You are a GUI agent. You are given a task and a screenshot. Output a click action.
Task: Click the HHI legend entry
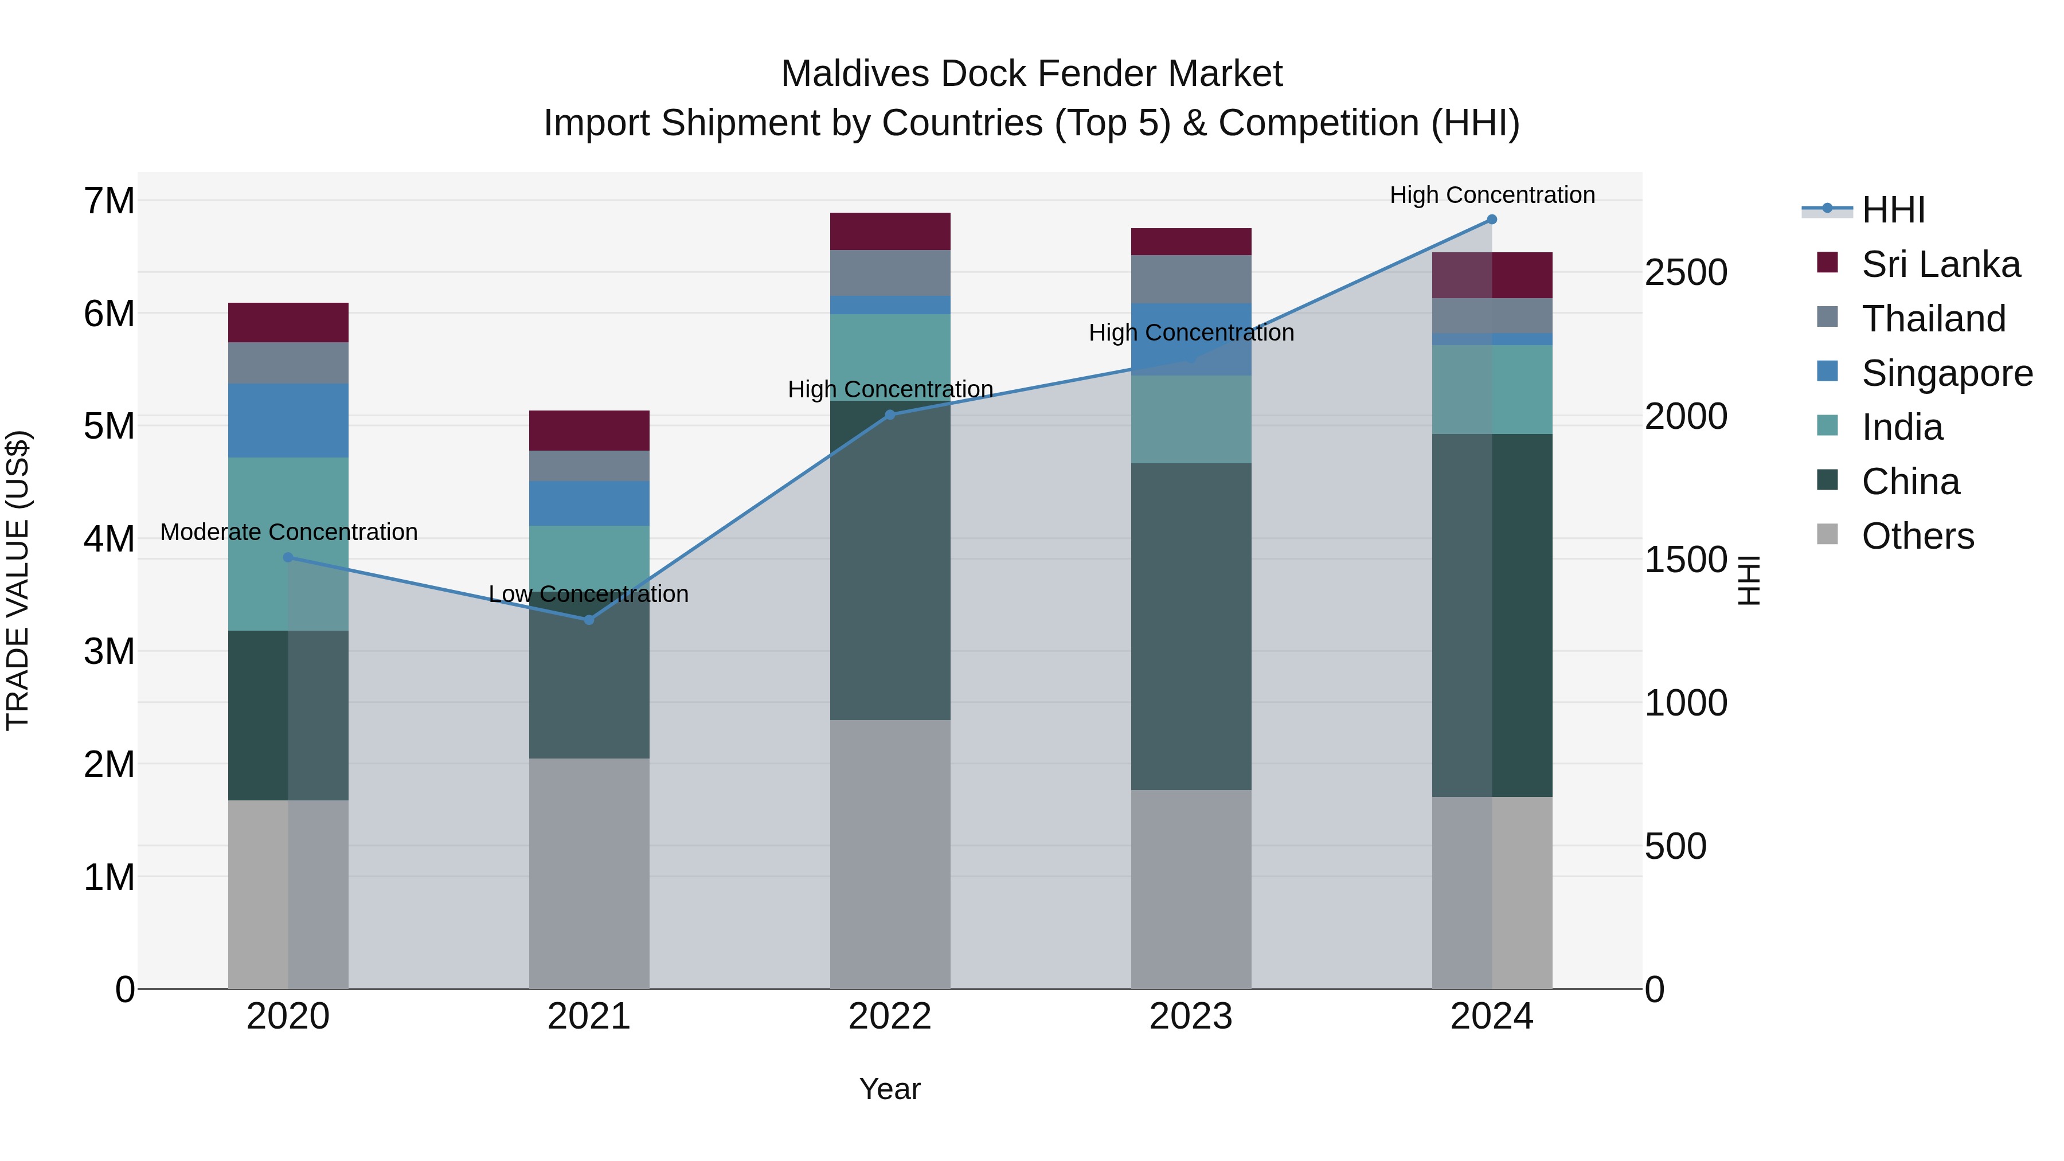point(1893,210)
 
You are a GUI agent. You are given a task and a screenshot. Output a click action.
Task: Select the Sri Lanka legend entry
point(1940,264)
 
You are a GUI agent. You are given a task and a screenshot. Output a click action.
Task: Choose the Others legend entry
point(1917,536)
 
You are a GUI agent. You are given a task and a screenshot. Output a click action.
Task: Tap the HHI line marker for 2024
point(1492,220)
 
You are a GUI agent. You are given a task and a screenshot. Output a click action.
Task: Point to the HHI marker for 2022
point(889,415)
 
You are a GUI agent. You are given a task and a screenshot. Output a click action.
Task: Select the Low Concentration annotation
point(588,594)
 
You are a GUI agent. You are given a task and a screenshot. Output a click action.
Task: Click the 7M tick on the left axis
point(110,201)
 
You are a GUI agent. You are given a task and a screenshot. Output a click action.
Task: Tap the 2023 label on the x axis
point(1191,1017)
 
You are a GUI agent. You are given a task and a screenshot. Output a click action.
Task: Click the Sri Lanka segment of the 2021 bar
point(589,430)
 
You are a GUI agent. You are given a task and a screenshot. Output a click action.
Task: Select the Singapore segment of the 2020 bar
point(288,421)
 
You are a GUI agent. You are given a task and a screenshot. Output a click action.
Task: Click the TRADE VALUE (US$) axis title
point(18,580)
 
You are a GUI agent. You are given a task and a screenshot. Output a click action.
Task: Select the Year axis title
point(889,1089)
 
